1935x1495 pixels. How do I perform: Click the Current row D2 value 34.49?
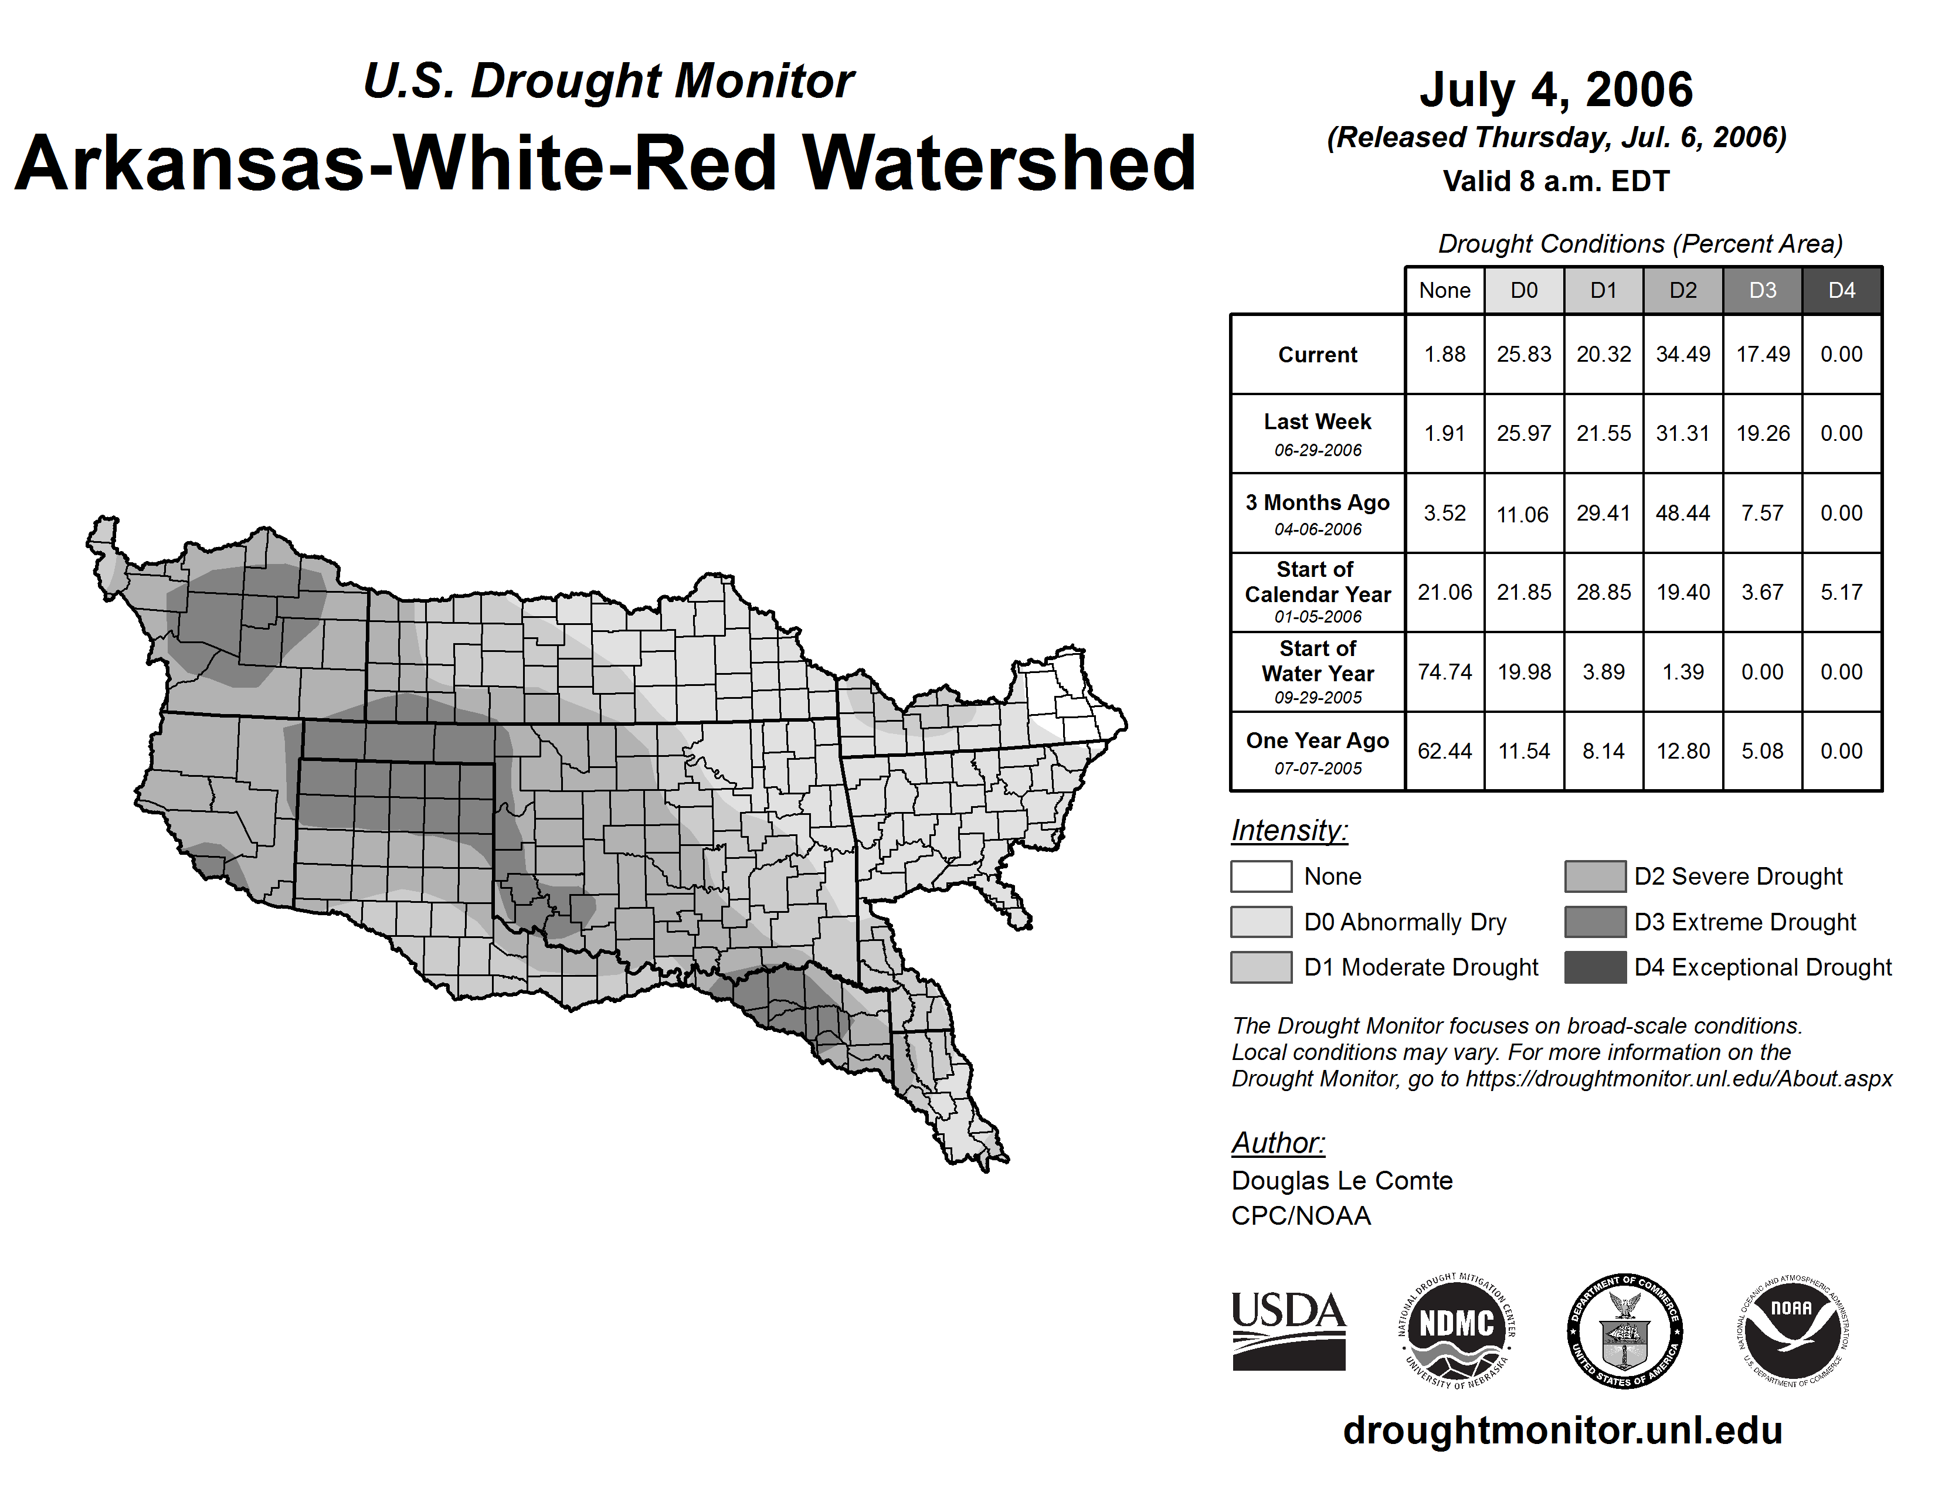[1682, 354]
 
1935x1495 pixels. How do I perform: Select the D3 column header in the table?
[1762, 290]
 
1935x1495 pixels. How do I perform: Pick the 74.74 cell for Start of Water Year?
[1444, 672]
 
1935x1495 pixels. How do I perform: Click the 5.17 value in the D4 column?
[1841, 593]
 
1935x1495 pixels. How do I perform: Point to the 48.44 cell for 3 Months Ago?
[1682, 513]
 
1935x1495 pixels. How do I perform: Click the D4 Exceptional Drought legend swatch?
[1595, 967]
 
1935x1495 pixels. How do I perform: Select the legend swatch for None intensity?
[1261, 876]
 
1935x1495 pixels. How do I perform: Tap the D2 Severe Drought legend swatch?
[1595, 876]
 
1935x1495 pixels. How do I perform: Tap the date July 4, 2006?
[1556, 90]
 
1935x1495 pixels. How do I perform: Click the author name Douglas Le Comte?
[1342, 1181]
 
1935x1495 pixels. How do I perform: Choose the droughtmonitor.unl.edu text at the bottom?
[1562, 1431]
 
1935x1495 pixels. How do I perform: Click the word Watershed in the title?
[999, 164]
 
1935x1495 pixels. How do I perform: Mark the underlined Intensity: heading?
[1289, 831]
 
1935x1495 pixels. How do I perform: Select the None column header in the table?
[1444, 290]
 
